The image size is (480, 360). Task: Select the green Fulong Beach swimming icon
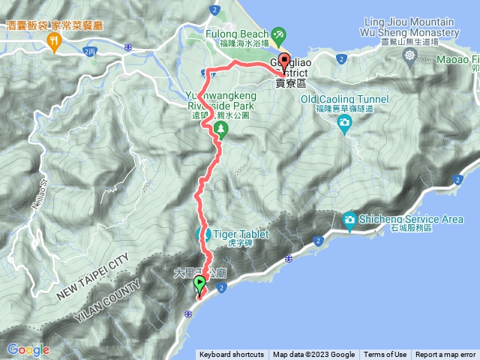[x=279, y=34]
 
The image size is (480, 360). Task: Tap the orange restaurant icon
[x=54, y=43]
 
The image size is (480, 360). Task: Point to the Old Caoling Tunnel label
[x=344, y=99]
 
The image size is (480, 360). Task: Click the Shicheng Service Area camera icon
[x=349, y=219]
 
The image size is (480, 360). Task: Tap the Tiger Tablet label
[x=241, y=234]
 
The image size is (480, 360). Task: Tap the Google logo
[x=28, y=349]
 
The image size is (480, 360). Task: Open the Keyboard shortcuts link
[x=232, y=355]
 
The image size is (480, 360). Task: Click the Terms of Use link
[x=385, y=355]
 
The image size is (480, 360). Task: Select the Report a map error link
[x=445, y=355]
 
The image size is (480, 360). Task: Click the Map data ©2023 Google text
[x=313, y=355]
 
